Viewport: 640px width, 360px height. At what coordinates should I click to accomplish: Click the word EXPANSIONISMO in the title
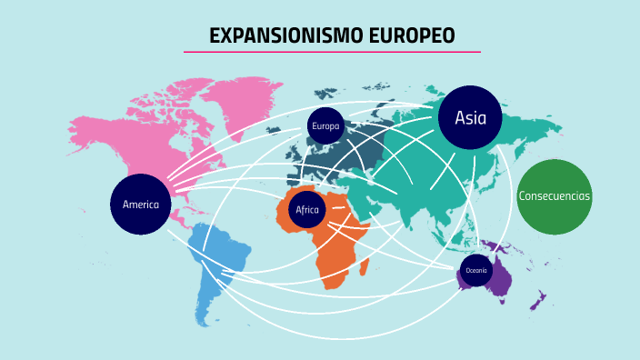point(286,35)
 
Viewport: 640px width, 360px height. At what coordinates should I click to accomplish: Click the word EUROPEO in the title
point(412,35)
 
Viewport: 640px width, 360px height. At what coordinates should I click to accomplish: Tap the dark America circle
point(141,205)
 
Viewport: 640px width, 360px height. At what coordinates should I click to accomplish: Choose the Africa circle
point(306,210)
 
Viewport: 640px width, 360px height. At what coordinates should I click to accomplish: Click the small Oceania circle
point(476,271)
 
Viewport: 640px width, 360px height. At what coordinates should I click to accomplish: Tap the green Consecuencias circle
point(555,196)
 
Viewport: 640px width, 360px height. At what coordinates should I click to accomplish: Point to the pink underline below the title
point(332,52)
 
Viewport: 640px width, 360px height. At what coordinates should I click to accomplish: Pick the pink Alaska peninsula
point(82,127)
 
